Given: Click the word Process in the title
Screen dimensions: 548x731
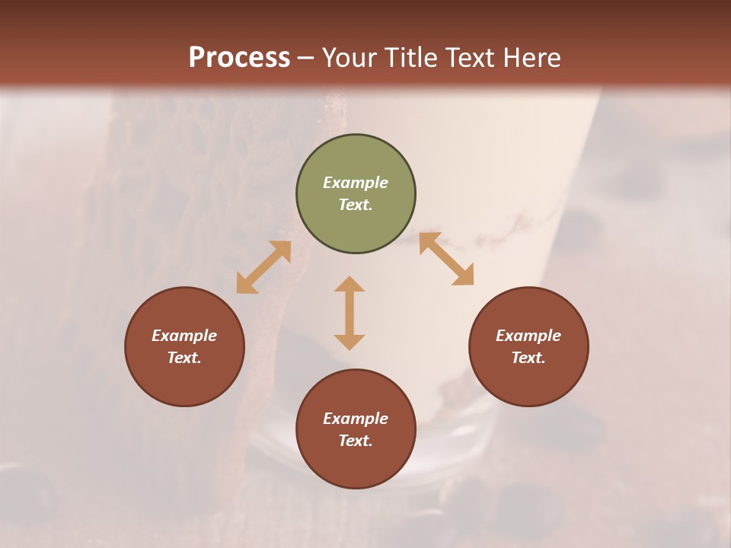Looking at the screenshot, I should (239, 57).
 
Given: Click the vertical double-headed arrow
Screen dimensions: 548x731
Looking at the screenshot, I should (350, 313).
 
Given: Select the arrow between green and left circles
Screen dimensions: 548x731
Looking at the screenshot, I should (263, 267).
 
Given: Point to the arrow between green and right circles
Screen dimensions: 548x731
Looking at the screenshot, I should (446, 259).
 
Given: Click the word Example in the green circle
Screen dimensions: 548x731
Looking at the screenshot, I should (356, 183).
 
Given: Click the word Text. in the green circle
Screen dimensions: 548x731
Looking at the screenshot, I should (356, 205).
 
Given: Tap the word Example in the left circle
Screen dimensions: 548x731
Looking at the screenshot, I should (184, 336).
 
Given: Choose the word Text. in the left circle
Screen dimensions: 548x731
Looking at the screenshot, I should (184, 358).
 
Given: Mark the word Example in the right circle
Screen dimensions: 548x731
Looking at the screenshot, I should (528, 336).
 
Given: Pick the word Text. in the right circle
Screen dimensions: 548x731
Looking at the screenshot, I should (528, 358).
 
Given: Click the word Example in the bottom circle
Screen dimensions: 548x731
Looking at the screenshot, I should (356, 419).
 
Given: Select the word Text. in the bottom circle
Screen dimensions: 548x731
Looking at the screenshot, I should (356, 441).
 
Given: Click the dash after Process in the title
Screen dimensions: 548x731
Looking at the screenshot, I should (306, 59).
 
